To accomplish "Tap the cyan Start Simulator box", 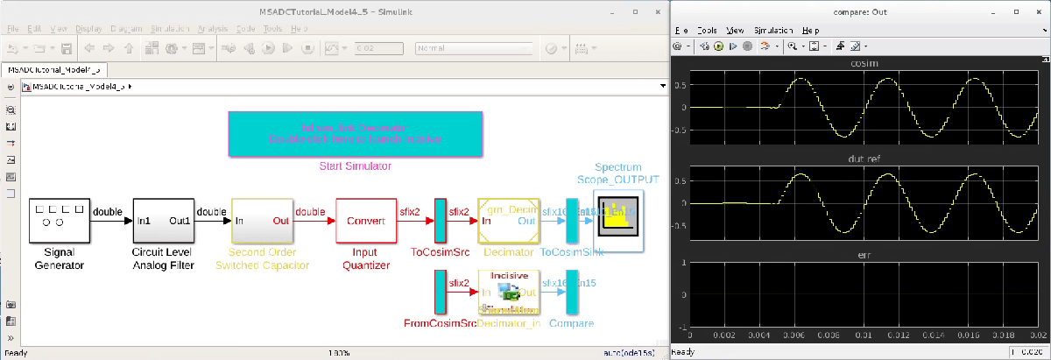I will point(355,134).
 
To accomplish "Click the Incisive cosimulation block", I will point(508,292).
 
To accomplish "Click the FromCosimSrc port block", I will point(441,292).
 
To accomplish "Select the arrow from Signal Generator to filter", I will point(111,221).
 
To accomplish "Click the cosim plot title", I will point(857,63).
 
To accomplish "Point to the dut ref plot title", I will point(857,159).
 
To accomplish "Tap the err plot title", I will point(857,255).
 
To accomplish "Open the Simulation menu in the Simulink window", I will point(168,28).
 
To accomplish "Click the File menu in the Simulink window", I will point(11,28).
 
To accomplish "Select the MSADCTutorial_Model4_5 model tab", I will point(54,69).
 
